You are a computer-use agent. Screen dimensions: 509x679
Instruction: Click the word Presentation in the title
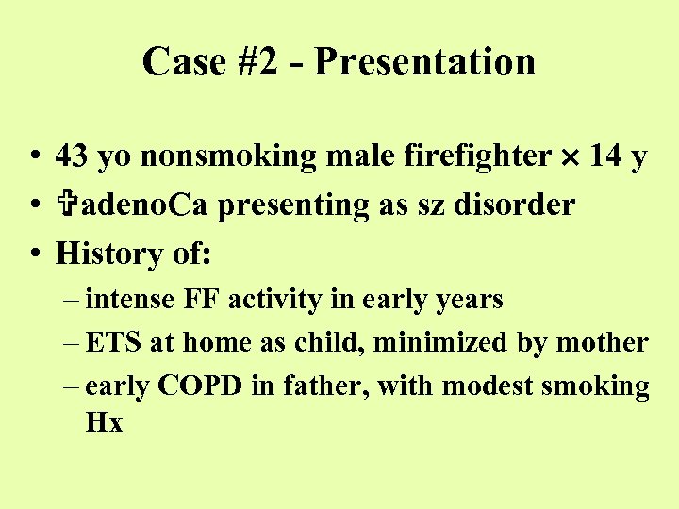coord(424,62)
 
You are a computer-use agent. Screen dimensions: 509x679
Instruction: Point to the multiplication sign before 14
coord(568,157)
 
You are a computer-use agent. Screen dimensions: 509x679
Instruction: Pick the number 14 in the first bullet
coord(604,156)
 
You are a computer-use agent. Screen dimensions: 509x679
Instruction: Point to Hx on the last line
coord(104,423)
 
